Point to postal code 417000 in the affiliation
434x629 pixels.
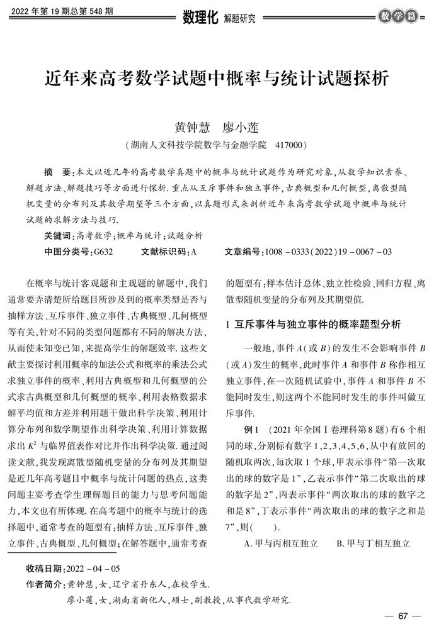click(291, 144)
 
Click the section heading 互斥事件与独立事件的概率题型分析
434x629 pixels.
click(318, 325)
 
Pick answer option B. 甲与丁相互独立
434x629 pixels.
click(374, 542)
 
